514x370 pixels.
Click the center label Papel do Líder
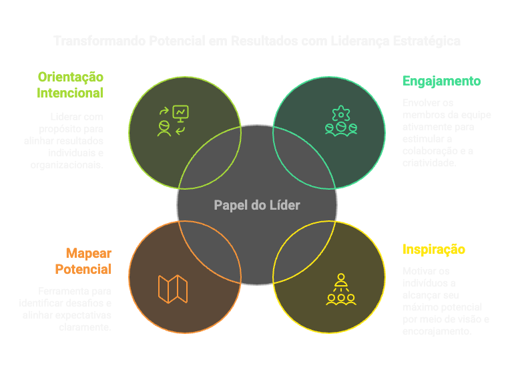(x=257, y=205)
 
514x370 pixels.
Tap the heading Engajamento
(x=442, y=81)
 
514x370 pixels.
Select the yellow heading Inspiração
(x=434, y=250)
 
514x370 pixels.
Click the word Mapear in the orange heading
(x=88, y=254)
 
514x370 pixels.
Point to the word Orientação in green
(x=70, y=77)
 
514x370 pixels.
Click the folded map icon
(x=173, y=289)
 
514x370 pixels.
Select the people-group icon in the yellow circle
(x=341, y=289)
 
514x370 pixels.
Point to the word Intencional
(x=70, y=93)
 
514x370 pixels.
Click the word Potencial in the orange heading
(x=83, y=270)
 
